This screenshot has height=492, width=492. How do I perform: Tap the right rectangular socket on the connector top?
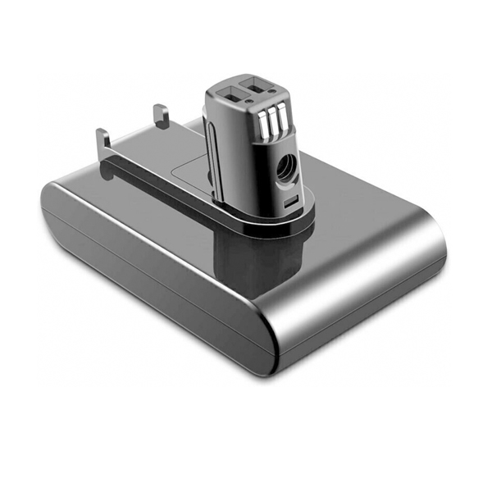tap(261, 88)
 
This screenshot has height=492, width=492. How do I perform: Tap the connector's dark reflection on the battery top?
tap(246, 262)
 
